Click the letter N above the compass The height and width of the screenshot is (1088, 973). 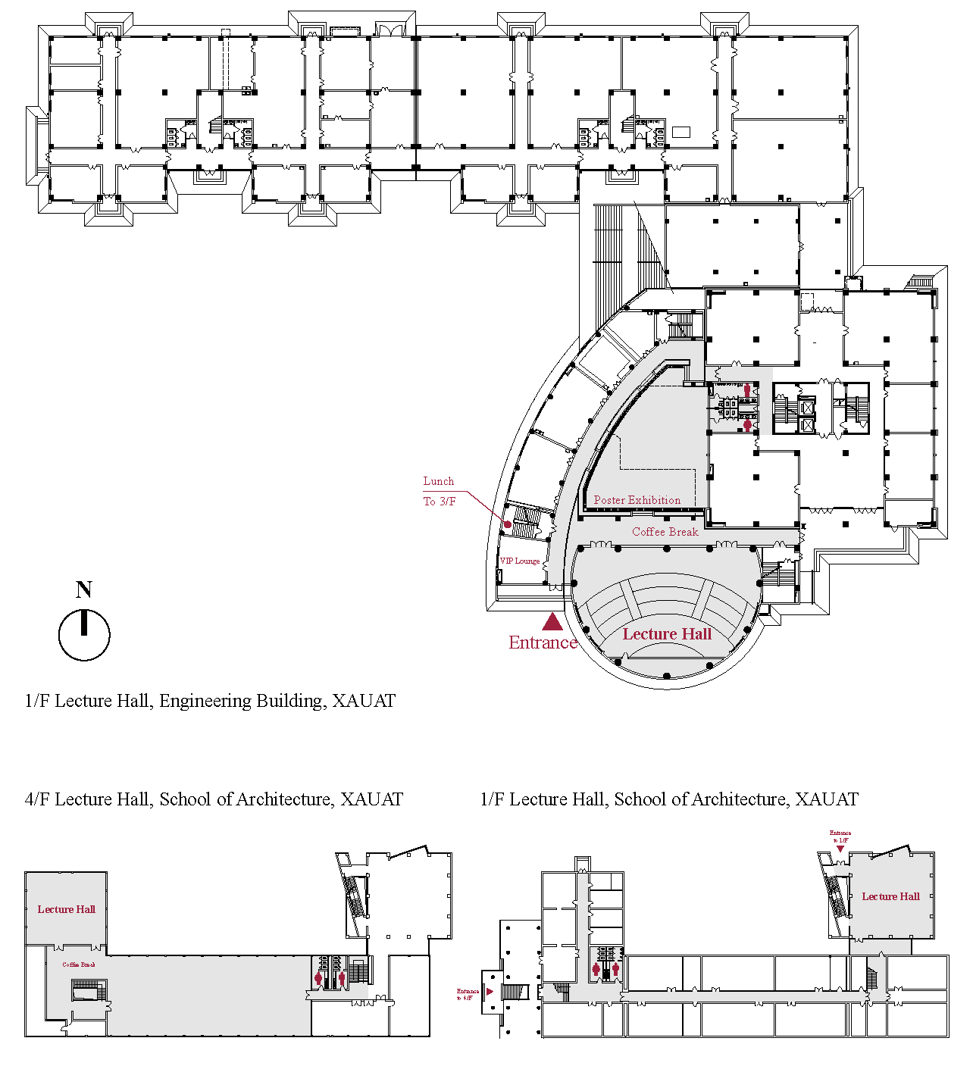click(x=84, y=589)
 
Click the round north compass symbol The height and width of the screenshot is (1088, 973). click(x=84, y=635)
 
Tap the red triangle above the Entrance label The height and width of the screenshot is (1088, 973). click(x=552, y=622)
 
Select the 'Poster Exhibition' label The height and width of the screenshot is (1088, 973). click(x=637, y=500)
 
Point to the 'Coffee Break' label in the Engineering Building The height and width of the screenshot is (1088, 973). click(x=665, y=532)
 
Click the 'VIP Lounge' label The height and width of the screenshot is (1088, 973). click(x=520, y=561)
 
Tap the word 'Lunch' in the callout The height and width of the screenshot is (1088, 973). click(x=438, y=481)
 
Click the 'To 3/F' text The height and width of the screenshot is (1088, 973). click(x=440, y=502)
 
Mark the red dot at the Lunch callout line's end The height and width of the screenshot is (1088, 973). click(x=508, y=524)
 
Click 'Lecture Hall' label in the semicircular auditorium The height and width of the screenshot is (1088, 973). click(x=667, y=634)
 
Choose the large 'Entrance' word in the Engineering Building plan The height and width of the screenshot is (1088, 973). click(x=543, y=642)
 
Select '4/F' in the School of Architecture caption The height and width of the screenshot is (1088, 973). click(x=37, y=799)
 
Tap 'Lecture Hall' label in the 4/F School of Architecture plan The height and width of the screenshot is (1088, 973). click(x=67, y=909)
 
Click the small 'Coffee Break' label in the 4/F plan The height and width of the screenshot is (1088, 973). click(x=79, y=965)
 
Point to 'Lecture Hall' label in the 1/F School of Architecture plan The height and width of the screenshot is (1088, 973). click(x=890, y=896)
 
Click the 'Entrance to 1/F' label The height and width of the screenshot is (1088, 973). click(x=840, y=836)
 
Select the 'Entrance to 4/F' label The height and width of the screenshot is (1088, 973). click(x=468, y=994)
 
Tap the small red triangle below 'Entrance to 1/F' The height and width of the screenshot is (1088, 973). click(x=840, y=849)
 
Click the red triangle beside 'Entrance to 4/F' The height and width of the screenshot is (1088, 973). click(x=490, y=992)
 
